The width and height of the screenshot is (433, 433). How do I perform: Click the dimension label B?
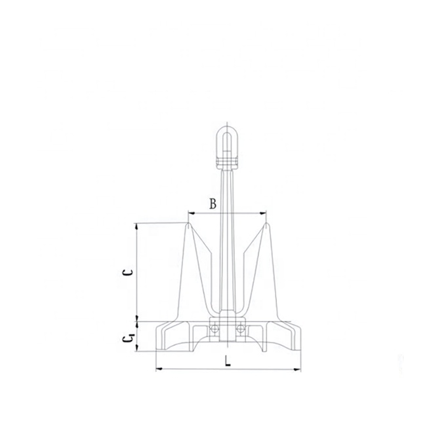[213, 204]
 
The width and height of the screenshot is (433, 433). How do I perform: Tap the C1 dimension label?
[129, 338]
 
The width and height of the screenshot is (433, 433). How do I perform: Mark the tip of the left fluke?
[188, 224]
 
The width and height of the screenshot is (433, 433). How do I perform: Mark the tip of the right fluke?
[266, 224]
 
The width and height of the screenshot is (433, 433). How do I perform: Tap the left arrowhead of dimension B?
[190, 213]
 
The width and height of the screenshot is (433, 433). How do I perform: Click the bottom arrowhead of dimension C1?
[136, 348]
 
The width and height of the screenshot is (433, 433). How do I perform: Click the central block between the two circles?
[227, 328]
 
